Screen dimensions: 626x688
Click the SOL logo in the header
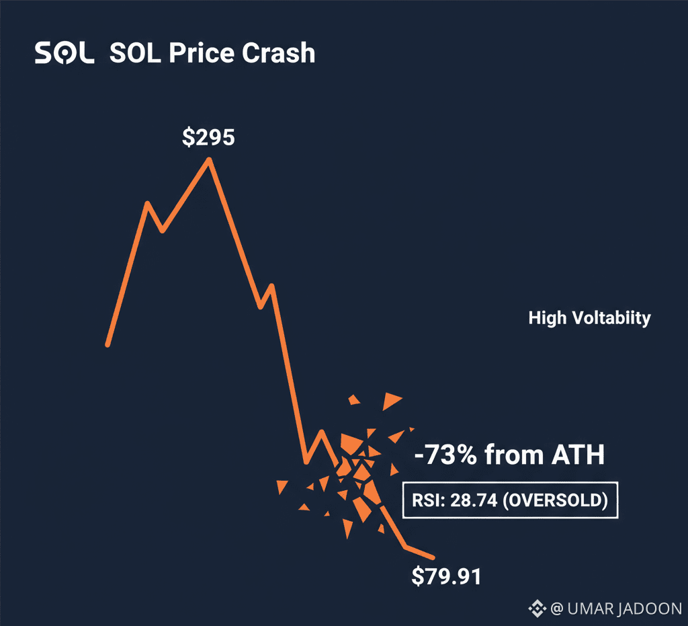tap(64, 54)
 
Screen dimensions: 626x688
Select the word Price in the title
tap(199, 54)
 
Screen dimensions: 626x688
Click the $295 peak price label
tap(209, 138)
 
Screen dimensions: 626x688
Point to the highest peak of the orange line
tap(210, 160)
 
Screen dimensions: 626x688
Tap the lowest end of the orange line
tap(432, 557)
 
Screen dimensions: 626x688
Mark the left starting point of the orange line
tap(107, 344)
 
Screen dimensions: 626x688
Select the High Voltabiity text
tap(589, 317)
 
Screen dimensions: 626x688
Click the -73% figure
tap(445, 455)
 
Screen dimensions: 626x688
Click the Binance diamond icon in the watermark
tap(537, 608)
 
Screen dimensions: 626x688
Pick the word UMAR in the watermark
tap(587, 609)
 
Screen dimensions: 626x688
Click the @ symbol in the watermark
tap(556, 609)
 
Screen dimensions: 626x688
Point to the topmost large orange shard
tap(390, 401)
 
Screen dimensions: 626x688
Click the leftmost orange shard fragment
tap(282, 485)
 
